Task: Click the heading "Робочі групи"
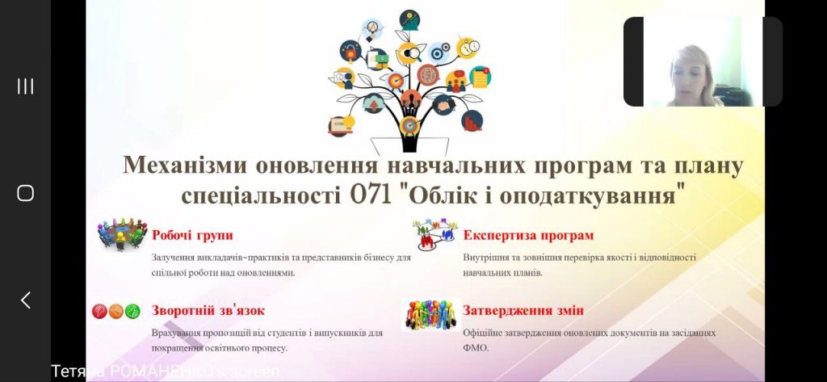[192, 235]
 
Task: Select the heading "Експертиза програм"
[528, 235]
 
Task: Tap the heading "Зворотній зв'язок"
[208, 310]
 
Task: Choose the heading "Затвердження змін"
[523, 310]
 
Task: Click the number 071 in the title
[372, 195]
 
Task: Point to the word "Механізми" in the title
[185, 165]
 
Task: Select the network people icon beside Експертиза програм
[435, 233]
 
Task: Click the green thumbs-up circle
[132, 311]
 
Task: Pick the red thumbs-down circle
[99, 311]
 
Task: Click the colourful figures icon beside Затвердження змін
[431, 315]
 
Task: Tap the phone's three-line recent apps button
[25, 86]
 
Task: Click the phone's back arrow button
[25, 300]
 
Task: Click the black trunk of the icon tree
[409, 138]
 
